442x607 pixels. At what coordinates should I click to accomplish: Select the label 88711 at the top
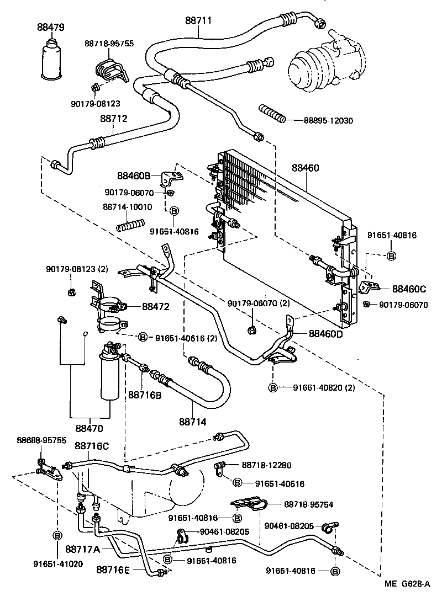tap(198, 21)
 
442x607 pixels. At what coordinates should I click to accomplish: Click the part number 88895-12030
tap(328, 120)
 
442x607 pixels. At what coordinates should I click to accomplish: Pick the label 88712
tap(114, 118)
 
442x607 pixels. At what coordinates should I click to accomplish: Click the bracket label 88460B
tap(134, 177)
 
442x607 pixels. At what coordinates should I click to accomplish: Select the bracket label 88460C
tap(409, 288)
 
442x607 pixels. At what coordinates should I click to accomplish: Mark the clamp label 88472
tap(155, 306)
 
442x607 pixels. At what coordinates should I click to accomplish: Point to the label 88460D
tap(325, 333)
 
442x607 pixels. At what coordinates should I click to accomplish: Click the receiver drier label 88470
tap(90, 428)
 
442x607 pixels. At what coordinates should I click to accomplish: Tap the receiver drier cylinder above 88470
tap(109, 375)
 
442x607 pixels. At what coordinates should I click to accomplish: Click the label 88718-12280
tap(267, 466)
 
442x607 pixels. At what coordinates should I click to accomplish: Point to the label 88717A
tap(82, 549)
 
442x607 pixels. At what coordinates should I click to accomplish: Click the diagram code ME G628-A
tap(408, 584)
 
